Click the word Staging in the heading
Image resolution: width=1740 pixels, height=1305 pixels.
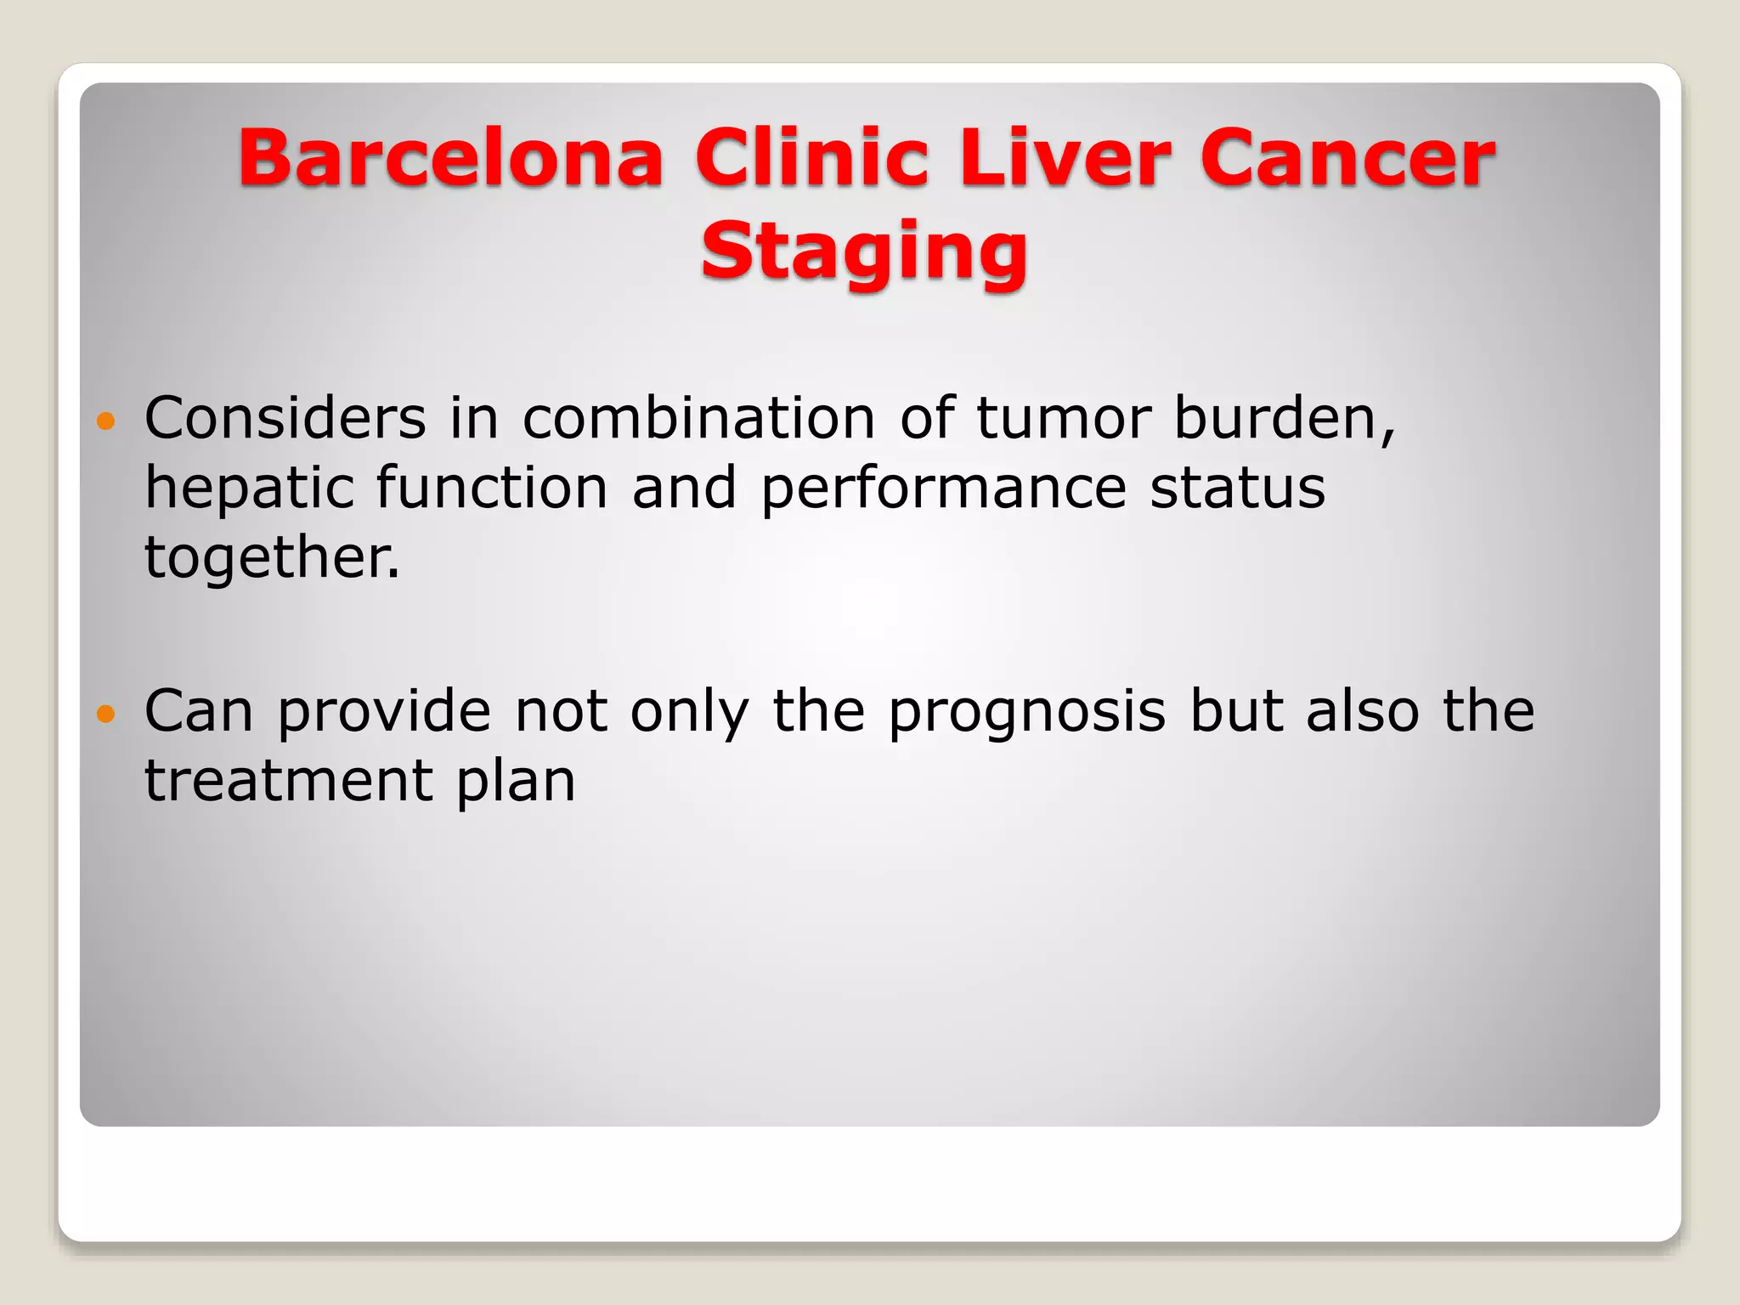(864, 251)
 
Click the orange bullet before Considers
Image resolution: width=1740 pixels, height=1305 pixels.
(105, 421)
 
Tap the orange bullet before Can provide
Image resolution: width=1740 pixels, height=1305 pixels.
(105, 714)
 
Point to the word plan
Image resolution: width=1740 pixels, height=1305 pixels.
(516, 782)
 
